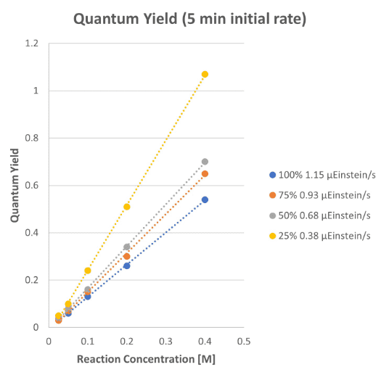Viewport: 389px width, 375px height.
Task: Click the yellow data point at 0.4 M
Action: (205, 74)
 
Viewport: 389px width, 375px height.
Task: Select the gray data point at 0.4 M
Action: (205, 162)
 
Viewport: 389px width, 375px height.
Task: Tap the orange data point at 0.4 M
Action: (205, 174)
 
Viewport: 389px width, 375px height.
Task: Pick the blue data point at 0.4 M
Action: (205, 199)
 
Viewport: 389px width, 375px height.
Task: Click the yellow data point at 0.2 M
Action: (127, 207)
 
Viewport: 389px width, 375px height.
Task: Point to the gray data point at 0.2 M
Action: (127, 247)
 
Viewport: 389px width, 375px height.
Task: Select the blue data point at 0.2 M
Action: (127, 266)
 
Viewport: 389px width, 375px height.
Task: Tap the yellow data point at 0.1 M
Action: (88, 271)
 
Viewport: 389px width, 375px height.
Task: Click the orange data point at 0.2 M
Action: (127, 256)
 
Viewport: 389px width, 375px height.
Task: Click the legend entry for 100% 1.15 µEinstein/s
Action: (322, 175)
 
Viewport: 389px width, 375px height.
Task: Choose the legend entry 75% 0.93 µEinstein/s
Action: (320, 195)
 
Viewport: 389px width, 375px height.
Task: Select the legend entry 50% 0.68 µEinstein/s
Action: (320, 215)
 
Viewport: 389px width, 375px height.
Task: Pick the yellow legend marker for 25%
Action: (273, 236)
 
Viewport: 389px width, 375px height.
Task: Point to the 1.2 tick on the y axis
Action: (32, 44)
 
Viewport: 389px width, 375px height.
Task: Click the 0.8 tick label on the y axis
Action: (32, 138)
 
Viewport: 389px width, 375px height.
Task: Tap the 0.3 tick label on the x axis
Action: (165, 342)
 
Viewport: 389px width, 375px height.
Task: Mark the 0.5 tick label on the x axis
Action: (244, 342)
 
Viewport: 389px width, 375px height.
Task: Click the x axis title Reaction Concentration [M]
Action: (146, 359)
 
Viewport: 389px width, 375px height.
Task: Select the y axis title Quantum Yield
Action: (15, 185)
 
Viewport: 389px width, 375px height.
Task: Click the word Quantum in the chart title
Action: (106, 19)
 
